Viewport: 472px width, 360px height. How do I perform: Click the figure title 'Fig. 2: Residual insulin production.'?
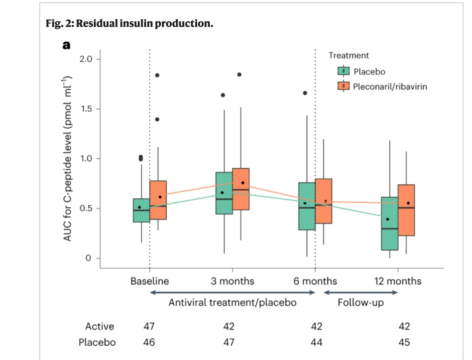[x=129, y=23]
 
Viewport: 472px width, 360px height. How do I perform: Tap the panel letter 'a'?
[x=66, y=45]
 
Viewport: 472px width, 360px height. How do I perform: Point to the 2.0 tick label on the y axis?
[x=86, y=59]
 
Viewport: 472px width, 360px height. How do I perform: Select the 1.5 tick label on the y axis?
[x=86, y=109]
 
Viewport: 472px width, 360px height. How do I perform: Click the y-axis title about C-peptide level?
[x=67, y=159]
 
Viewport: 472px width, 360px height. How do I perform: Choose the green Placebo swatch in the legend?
[x=343, y=71]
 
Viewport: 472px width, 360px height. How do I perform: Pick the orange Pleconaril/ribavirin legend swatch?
[x=343, y=86]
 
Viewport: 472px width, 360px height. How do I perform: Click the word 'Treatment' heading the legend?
[x=349, y=56]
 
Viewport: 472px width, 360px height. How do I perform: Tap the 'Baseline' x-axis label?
[x=150, y=281]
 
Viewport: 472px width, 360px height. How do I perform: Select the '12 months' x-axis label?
[x=398, y=281]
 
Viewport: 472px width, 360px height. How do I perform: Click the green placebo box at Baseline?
[x=142, y=210]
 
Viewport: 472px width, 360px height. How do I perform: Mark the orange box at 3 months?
[x=241, y=189]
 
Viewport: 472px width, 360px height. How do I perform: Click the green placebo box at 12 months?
[x=390, y=223]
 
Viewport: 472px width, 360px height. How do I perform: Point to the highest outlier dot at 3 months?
[x=239, y=75]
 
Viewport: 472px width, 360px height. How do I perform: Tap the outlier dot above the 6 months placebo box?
[x=305, y=93]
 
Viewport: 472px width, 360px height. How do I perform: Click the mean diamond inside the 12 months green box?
[x=388, y=219]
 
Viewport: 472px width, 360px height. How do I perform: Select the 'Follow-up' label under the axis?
[x=361, y=302]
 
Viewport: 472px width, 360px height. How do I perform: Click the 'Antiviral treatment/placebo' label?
[x=233, y=302]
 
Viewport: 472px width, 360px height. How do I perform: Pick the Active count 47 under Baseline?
[x=149, y=326]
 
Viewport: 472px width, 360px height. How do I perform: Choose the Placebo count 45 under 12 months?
[x=404, y=342]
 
